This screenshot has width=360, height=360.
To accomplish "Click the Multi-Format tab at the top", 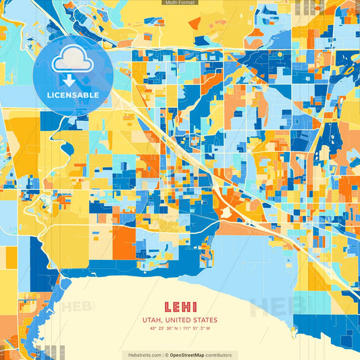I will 180,3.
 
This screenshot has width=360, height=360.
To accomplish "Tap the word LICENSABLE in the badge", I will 72,95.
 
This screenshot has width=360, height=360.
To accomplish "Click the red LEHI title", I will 180,306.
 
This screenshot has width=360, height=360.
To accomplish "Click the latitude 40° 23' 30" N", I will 164,329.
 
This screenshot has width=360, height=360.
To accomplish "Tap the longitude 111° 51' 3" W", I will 197,329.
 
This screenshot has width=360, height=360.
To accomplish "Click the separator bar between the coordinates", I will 180,329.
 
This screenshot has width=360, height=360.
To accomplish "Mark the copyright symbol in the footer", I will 166,355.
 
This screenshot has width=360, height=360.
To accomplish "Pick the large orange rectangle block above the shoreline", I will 124,242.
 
